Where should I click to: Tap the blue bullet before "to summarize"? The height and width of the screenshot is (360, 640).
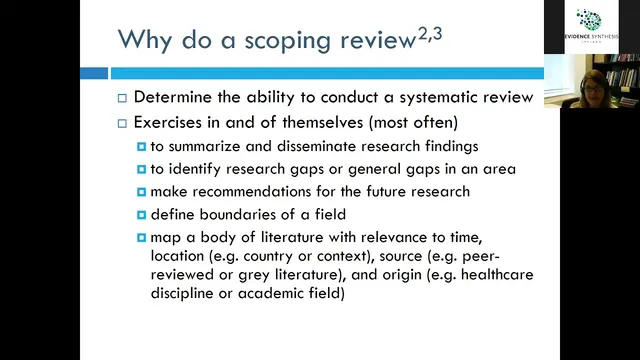pos(141,146)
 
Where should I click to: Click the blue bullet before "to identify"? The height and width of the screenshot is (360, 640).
pos(141,169)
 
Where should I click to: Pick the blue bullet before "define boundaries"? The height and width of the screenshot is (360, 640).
pos(141,215)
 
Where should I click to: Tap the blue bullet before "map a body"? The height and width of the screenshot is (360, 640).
pos(141,238)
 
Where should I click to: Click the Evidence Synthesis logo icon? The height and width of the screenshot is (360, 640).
pos(590,20)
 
